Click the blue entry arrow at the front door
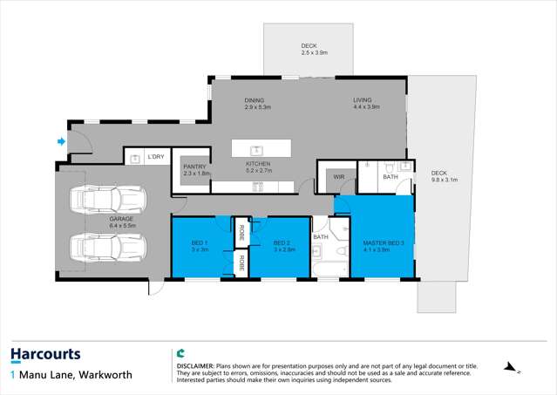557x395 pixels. pos(60,141)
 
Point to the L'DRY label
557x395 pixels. pos(156,157)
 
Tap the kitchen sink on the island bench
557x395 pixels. pos(256,149)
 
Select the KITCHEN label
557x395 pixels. pos(258,164)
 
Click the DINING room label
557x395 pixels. pos(254,100)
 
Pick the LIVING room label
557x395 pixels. pos(363,100)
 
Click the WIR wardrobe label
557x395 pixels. pos(339,178)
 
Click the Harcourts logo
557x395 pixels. pos(45,354)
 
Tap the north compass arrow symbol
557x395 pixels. pos(511,369)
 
